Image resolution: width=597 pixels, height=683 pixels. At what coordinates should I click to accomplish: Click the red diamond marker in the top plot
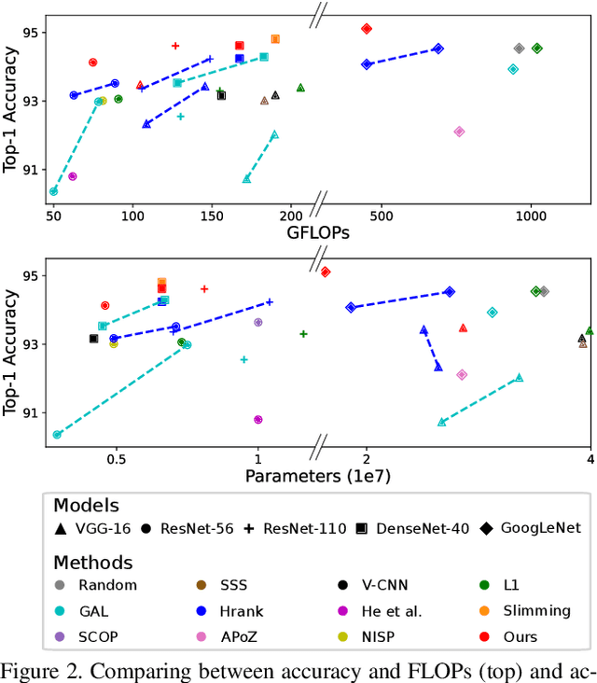tap(367, 29)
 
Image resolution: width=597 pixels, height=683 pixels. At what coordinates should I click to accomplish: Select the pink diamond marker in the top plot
tap(459, 132)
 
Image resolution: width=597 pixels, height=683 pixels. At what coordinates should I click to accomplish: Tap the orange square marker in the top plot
tap(275, 39)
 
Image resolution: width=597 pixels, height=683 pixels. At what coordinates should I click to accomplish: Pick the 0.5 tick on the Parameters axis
tap(117, 460)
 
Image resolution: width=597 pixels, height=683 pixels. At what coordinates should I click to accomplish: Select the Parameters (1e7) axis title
tap(317, 477)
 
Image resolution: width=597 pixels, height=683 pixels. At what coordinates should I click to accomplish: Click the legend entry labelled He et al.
tap(382, 611)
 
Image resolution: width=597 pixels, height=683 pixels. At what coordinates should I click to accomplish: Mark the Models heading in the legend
tap(86, 506)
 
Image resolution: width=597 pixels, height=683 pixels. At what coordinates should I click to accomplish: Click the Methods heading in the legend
tap(92, 563)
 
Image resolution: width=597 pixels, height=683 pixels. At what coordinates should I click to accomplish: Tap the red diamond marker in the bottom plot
tap(326, 272)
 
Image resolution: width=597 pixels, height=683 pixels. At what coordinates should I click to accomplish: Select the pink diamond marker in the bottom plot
tap(461, 374)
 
